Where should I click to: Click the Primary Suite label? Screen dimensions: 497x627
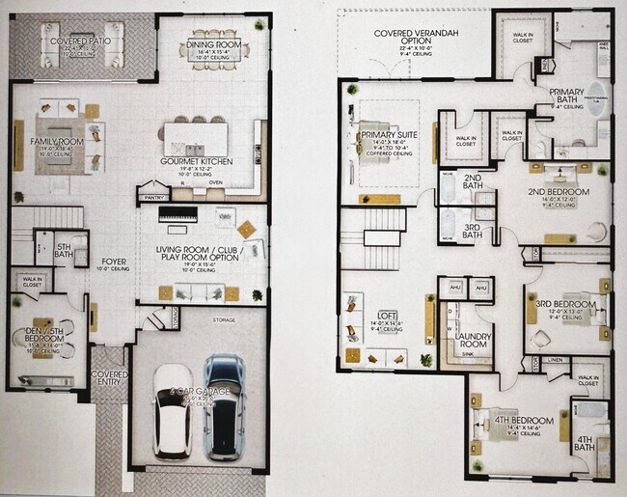pyautogui.click(x=386, y=135)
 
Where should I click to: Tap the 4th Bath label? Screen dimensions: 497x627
pyautogui.click(x=585, y=443)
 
